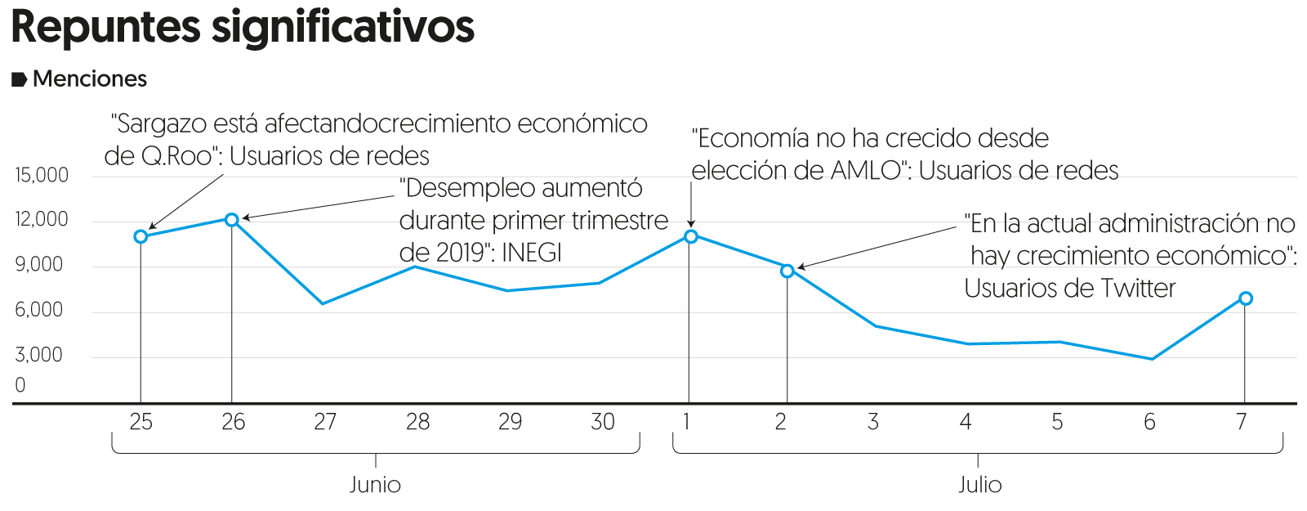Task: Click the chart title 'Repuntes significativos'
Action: pos(243,27)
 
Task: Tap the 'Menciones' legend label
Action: pos(90,79)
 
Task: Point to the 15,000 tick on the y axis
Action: pos(42,175)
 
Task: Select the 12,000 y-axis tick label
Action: pos(42,219)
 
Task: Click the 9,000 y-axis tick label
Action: pos(39,264)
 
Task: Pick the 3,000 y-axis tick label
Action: pos(39,355)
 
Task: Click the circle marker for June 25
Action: pos(141,236)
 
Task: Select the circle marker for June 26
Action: pos(232,219)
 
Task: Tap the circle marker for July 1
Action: pos(691,236)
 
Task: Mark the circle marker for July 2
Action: pos(787,271)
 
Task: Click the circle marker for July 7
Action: pos(1246,298)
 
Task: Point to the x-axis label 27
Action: pos(325,422)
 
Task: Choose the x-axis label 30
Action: pos(603,422)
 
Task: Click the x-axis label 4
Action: pos(966,422)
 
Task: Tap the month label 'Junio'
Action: pos(375,485)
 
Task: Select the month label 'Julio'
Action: pos(979,485)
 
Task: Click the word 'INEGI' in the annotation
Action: pos(532,253)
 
